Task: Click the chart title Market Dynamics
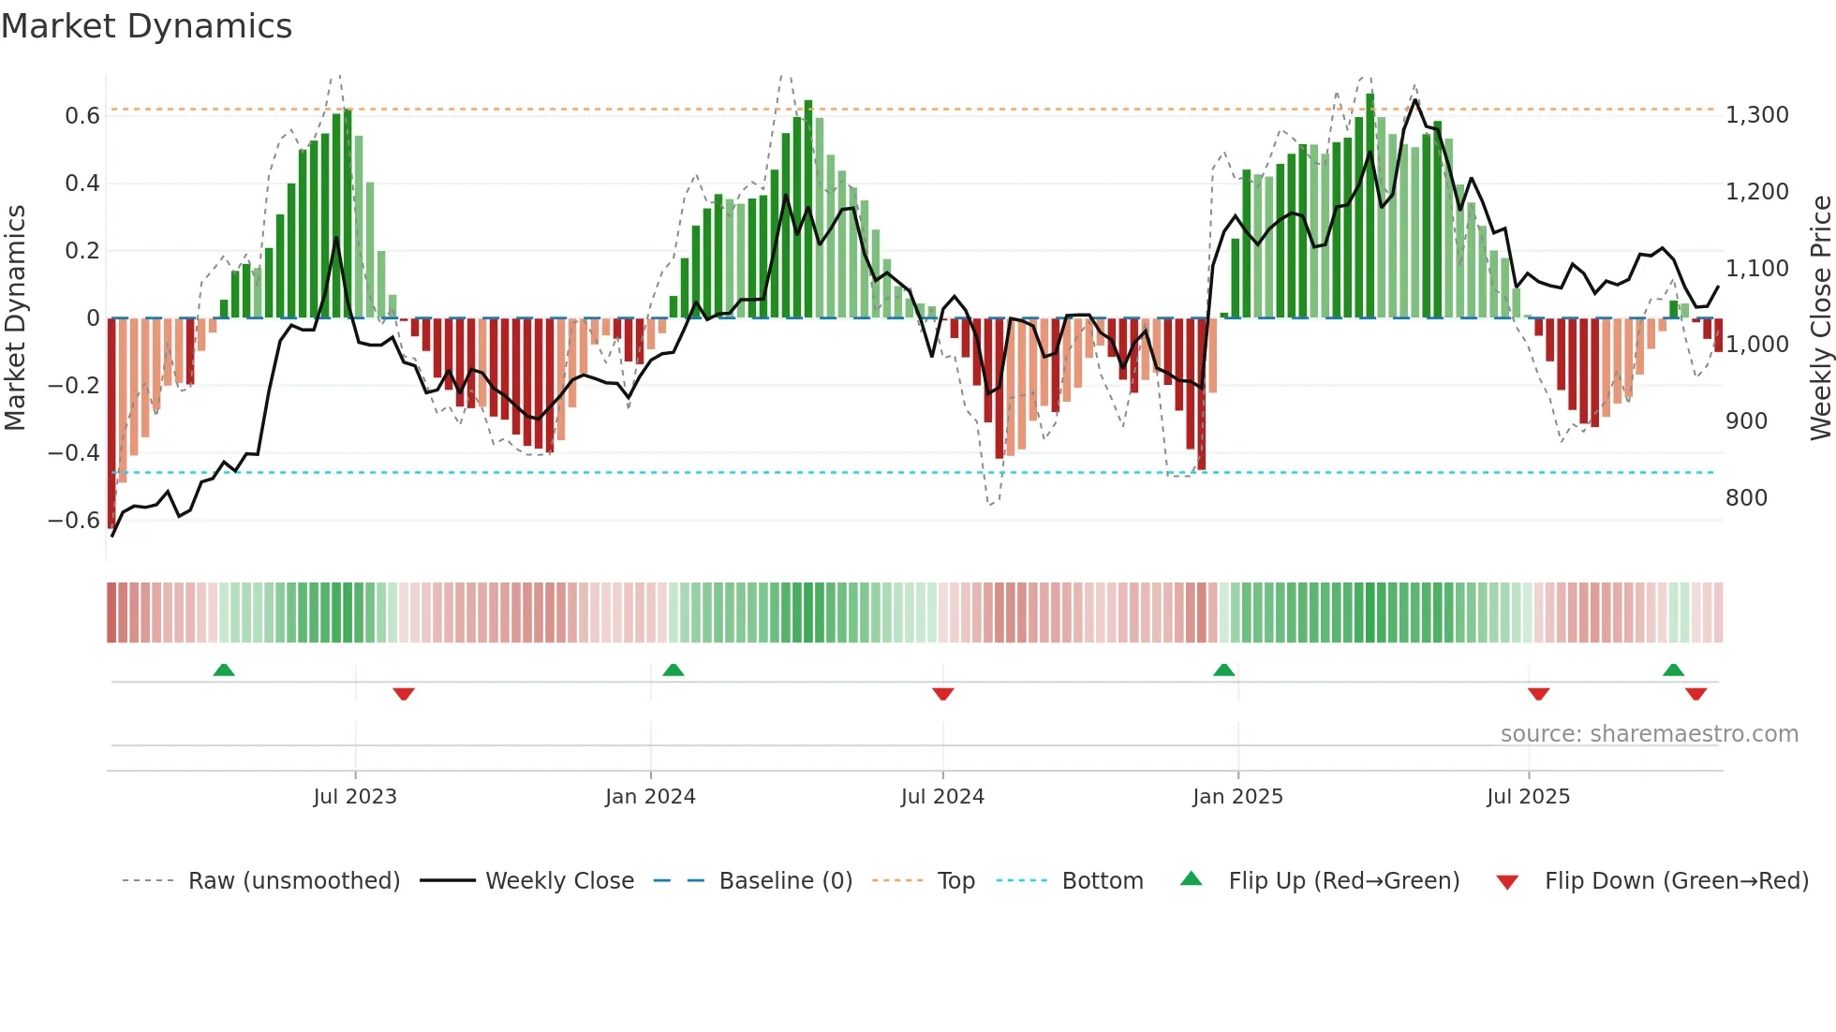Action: [146, 26]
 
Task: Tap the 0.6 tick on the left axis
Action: [82, 116]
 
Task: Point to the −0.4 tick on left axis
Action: [74, 453]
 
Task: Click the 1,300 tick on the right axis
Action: [1756, 115]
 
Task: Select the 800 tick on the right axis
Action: [1746, 498]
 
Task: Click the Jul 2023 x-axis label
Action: [355, 797]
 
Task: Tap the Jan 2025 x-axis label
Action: [1237, 797]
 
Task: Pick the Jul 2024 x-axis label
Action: [942, 797]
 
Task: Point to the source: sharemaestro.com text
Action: [1649, 734]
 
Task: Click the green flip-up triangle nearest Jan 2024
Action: [674, 671]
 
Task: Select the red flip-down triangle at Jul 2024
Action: [943, 694]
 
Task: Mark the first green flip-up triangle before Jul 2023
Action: [224, 671]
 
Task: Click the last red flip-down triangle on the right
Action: [1695, 694]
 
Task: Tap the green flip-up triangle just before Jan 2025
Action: [1223, 671]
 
